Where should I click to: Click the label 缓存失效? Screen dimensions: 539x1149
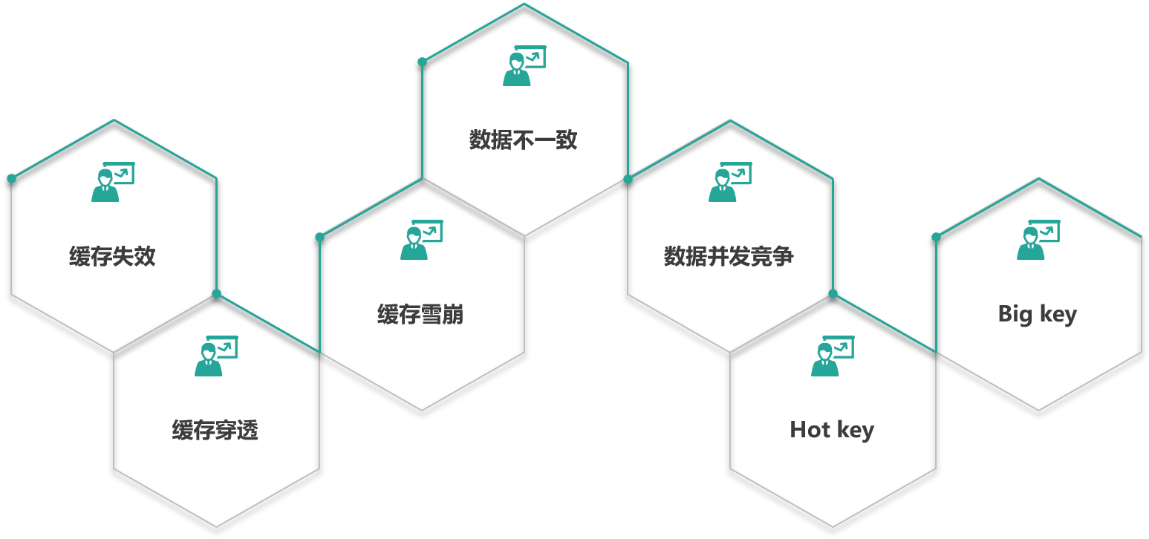(112, 257)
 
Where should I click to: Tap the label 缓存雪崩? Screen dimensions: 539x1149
(420, 315)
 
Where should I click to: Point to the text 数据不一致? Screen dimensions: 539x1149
(524, 140)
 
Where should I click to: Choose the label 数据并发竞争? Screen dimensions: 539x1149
(729, 257)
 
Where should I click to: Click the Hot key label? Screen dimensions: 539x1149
(832, 430)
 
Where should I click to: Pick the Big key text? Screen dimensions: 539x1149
(1037, 314)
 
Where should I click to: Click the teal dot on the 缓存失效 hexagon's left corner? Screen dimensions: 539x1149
(11, 178)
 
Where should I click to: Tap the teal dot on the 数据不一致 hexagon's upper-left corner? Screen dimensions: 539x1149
(422, 62)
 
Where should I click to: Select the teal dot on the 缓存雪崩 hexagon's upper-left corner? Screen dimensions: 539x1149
(319, 237)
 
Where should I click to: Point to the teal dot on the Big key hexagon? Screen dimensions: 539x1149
(936, 237)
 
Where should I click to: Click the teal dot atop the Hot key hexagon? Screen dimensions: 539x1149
(833, 294)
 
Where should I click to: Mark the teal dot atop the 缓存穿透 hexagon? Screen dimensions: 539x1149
(217, 294)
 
